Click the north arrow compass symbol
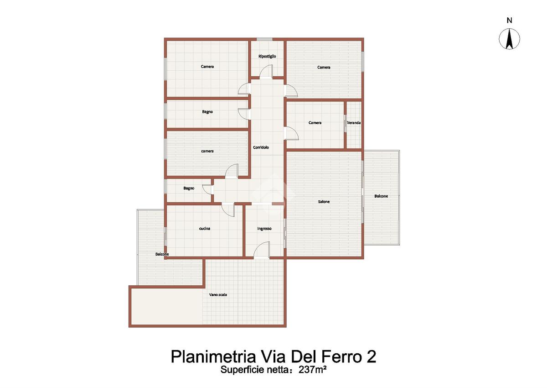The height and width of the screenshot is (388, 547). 509,39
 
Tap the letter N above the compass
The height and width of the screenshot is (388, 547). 510,21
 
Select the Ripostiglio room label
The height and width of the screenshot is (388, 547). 267,56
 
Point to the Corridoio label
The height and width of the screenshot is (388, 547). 261,147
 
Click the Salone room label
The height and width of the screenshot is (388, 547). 324,202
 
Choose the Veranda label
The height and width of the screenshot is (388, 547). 354,122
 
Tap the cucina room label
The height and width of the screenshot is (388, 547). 205,228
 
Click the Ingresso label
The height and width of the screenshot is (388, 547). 264,229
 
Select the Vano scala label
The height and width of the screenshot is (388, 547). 218,294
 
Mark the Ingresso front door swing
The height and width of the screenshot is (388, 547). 262,250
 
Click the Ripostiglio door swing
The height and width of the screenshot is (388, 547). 266,71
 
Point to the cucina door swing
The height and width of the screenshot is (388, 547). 228,210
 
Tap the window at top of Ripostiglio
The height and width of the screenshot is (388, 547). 264,39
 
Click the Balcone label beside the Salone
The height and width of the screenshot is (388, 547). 381,196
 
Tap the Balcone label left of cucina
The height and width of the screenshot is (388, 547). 162,254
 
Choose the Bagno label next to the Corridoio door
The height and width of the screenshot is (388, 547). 207,112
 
